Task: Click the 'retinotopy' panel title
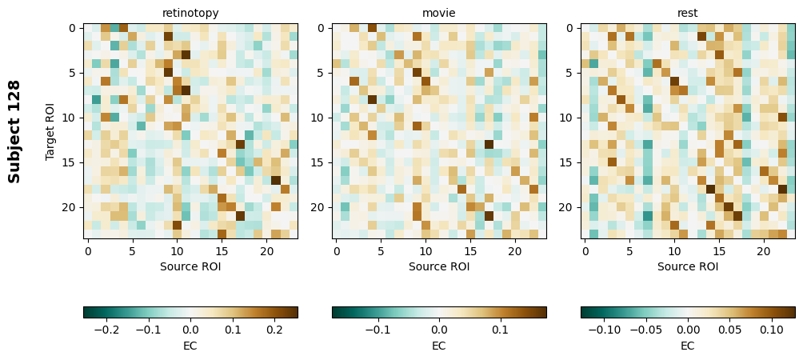pos(190,13)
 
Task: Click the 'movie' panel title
pos(439,13)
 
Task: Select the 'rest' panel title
pos(688,13)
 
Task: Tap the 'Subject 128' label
pos(14,131)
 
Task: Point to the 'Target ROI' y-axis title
pos(50,131)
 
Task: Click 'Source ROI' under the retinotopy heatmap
pos(190,266)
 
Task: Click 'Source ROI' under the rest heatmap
pos(688,266)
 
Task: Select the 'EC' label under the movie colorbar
pos(439,346)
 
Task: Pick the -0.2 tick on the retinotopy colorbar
pos(105,329)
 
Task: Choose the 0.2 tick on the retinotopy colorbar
pos(276,329)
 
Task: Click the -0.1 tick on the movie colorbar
pos(378,329)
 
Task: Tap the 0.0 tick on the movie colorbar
pos(439,329)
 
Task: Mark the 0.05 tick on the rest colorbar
pos(729,329)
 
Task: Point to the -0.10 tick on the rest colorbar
pos(605,329)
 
